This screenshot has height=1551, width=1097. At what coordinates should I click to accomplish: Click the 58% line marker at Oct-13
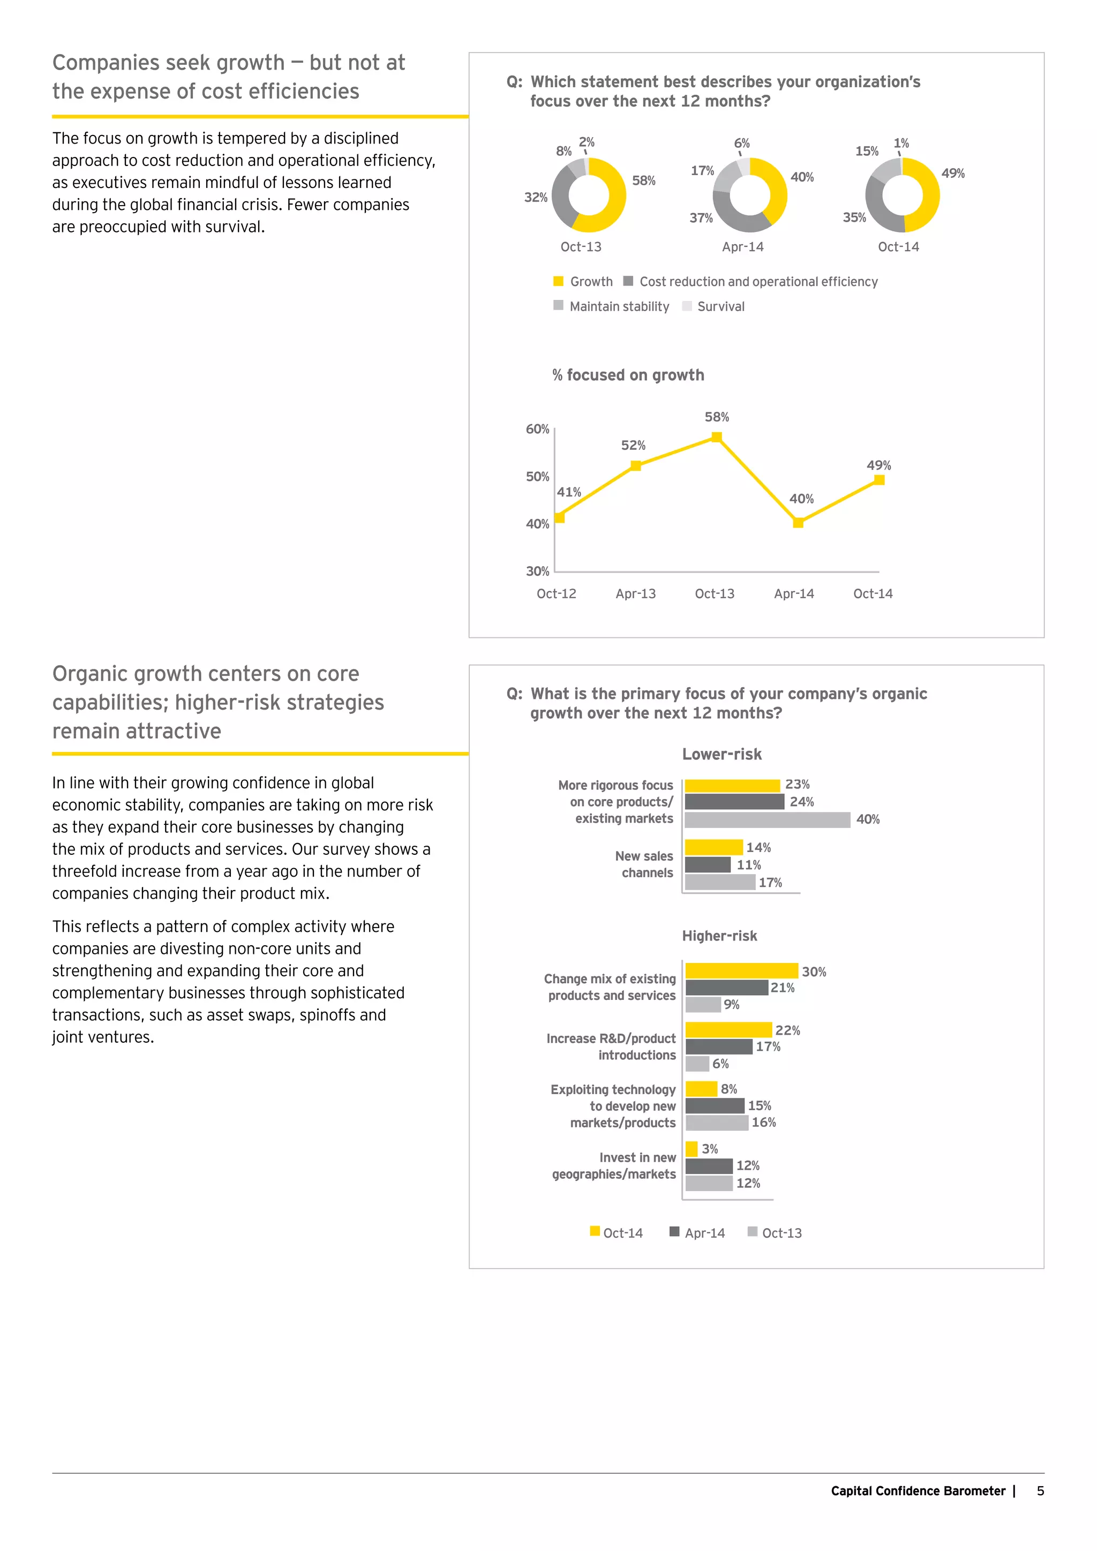[717, 437]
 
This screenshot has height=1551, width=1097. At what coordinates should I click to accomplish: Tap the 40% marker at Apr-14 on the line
[798, 522]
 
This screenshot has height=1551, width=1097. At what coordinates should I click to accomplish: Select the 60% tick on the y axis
[538, 429]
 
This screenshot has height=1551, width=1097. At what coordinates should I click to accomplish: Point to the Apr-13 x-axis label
[635, 594]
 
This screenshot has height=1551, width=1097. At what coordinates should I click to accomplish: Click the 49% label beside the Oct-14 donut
[952, 174]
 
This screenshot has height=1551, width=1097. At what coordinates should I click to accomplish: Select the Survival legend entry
[720, 307]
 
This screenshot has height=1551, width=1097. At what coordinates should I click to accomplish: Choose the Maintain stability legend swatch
[558, 305]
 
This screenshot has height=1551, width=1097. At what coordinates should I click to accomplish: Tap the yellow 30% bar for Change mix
[741, 971]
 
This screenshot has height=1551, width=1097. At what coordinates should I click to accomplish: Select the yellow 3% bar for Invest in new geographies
[691, 1148]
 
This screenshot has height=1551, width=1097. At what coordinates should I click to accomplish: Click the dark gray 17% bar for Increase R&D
[719, 1046]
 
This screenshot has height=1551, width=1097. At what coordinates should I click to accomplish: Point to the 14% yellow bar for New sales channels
[713, 847]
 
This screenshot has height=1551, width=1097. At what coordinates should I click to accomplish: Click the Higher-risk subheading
[719, 936]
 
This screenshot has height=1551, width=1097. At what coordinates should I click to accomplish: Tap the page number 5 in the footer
[1040, 1491]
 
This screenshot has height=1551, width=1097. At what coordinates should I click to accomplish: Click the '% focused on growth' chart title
[628, 375]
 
